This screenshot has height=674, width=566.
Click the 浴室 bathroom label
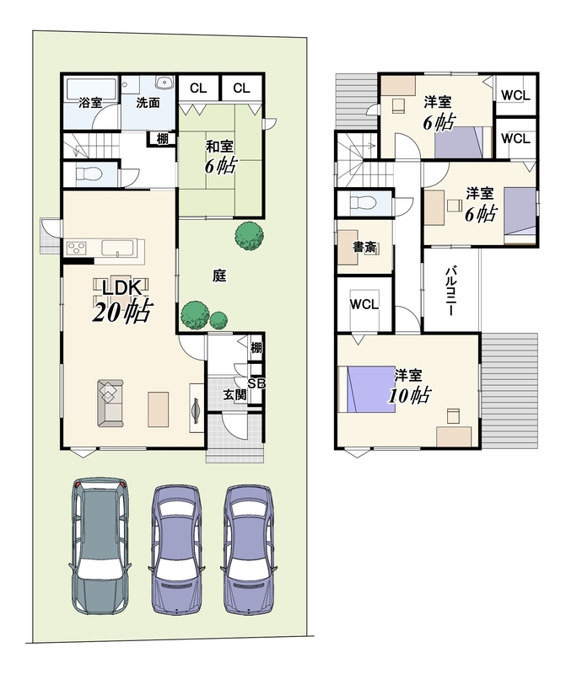pyautogui.click(x=90, y=103)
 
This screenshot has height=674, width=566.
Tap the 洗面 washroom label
pyautogui.click(x=148, y=103)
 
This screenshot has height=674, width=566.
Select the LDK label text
pyautogui.click(x=121, y=288)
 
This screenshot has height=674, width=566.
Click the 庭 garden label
pyautogui.click(x=219, y=275)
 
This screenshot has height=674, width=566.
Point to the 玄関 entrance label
pyautogui.click(x=234, y=394)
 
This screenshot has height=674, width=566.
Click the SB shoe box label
pyautogui.click(x=256, y=383)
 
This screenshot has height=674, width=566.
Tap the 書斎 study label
pyautogui.click(x=364, y=247)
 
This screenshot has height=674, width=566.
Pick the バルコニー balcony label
pyautogui.click(x=450, y=291)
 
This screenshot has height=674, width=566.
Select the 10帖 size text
pyautogui.click(x=409, y=395)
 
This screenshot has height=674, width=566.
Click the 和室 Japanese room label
pyautogui.click(x=219, y=147)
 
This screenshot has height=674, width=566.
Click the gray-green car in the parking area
pyautogui.click(x=100, y=545)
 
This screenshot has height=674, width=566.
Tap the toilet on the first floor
pyautogui.click(x=89, y=174)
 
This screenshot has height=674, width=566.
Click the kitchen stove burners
pyautogui.click(x=77, y=248)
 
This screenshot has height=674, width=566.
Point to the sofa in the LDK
pyautogui.click(x=111, y=403)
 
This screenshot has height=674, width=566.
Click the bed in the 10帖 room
pyautogui.click(x=367, y=389)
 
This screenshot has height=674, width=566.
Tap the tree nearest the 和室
pyautogui.click(x=249, y=236)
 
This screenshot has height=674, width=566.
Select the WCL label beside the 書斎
pyautogui.click(x=364, y=304)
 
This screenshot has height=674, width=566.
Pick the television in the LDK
pyautogui.click(x=196, y=408)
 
